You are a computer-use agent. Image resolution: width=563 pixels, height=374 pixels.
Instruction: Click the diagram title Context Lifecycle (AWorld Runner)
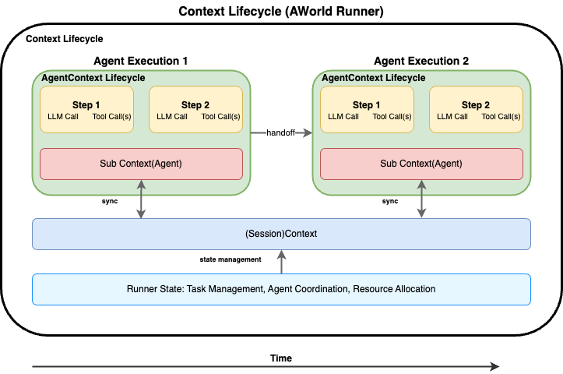pyautogui.click(x=281, y=11)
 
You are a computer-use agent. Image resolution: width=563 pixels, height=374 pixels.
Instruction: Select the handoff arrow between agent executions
pyautogui.click(x=281, y=133)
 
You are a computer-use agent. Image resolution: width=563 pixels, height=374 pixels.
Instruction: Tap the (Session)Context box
pyautogui.click(x=282, y=234)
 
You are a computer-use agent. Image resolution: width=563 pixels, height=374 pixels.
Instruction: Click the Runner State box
pyautogui.click(x=282, y=289)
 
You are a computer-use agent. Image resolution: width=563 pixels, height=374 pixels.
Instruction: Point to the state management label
pyautogui.click(x=230, y=259)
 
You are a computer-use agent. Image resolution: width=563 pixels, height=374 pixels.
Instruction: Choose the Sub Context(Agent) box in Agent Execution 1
pyautogui.click(x=141, y=164)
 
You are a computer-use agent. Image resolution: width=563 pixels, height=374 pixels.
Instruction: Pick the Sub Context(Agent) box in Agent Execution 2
pyautogui.click(x=421, y=164)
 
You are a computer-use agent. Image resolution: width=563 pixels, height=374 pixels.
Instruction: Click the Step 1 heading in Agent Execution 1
pyautogui.click(x=86, y=105)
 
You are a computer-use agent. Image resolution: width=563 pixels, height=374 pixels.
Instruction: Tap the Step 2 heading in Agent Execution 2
pyautogui.click(x=476, y=105)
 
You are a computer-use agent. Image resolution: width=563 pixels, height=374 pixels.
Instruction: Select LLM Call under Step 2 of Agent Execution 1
pyautogui.click(x=172, y=116)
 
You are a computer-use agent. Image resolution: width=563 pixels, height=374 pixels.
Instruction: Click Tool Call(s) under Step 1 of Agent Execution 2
pyautogui.click(x=392, y=116)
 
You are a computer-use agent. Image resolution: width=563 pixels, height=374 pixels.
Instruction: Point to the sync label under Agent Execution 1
pyautogui.click(x=110, y=201)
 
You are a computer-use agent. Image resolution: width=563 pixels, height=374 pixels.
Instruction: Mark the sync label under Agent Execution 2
pyautogui.click(x=390, y=201)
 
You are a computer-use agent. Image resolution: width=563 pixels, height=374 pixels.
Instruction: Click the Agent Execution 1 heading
pyautogui.click(x=141, y=61)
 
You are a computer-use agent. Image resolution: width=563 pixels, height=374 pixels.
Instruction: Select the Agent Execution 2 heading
pyautogui.click(x=421, y=61)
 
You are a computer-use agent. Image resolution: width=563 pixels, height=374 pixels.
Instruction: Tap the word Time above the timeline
pyautogui.click(x=281, y=358)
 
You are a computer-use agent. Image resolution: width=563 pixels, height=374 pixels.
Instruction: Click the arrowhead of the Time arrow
pyautogui.click(x=494, y=366)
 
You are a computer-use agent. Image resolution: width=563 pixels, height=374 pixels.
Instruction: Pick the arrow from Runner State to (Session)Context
pyautogui.click(x=282, y=262)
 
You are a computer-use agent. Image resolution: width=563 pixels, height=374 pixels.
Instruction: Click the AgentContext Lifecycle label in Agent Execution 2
pyautogui.click(x=374, y=78)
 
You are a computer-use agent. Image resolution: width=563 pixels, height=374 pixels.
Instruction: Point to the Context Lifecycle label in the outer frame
pyautogui.click(x=65, y=39)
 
